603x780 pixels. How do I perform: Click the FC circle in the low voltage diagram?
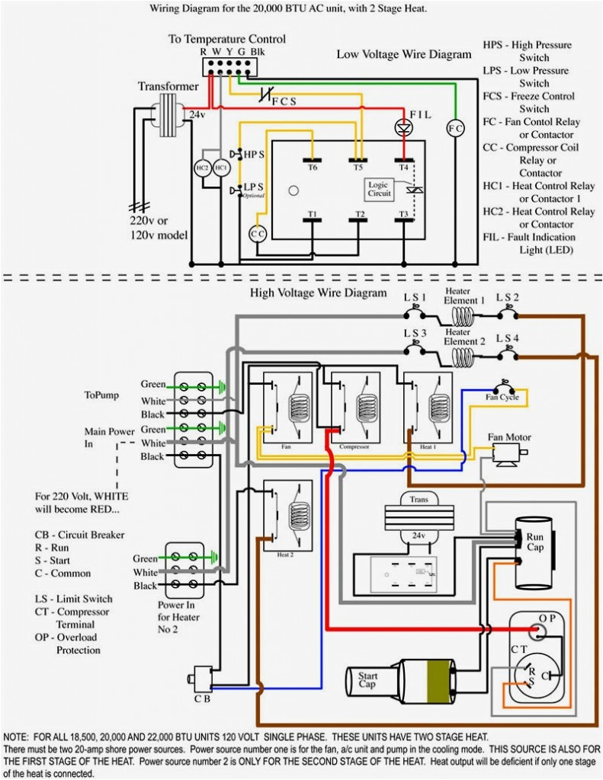click(x=455, y=128)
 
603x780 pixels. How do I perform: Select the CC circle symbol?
click(x=258, y=235)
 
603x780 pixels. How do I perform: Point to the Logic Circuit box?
click(x=380, y=190)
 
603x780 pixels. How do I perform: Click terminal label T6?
click(x=313, y=167)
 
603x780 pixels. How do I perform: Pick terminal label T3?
click(x=403, y=214)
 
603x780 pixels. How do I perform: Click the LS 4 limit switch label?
click(x=508, y=337)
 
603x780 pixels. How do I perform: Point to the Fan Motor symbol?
click(x=507, y=454)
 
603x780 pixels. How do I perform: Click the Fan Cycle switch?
click(x=503, y=388)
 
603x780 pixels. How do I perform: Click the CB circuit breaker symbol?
click(x=201, y=676)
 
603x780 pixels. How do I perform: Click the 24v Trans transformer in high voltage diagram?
click(x=417, y=518)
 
